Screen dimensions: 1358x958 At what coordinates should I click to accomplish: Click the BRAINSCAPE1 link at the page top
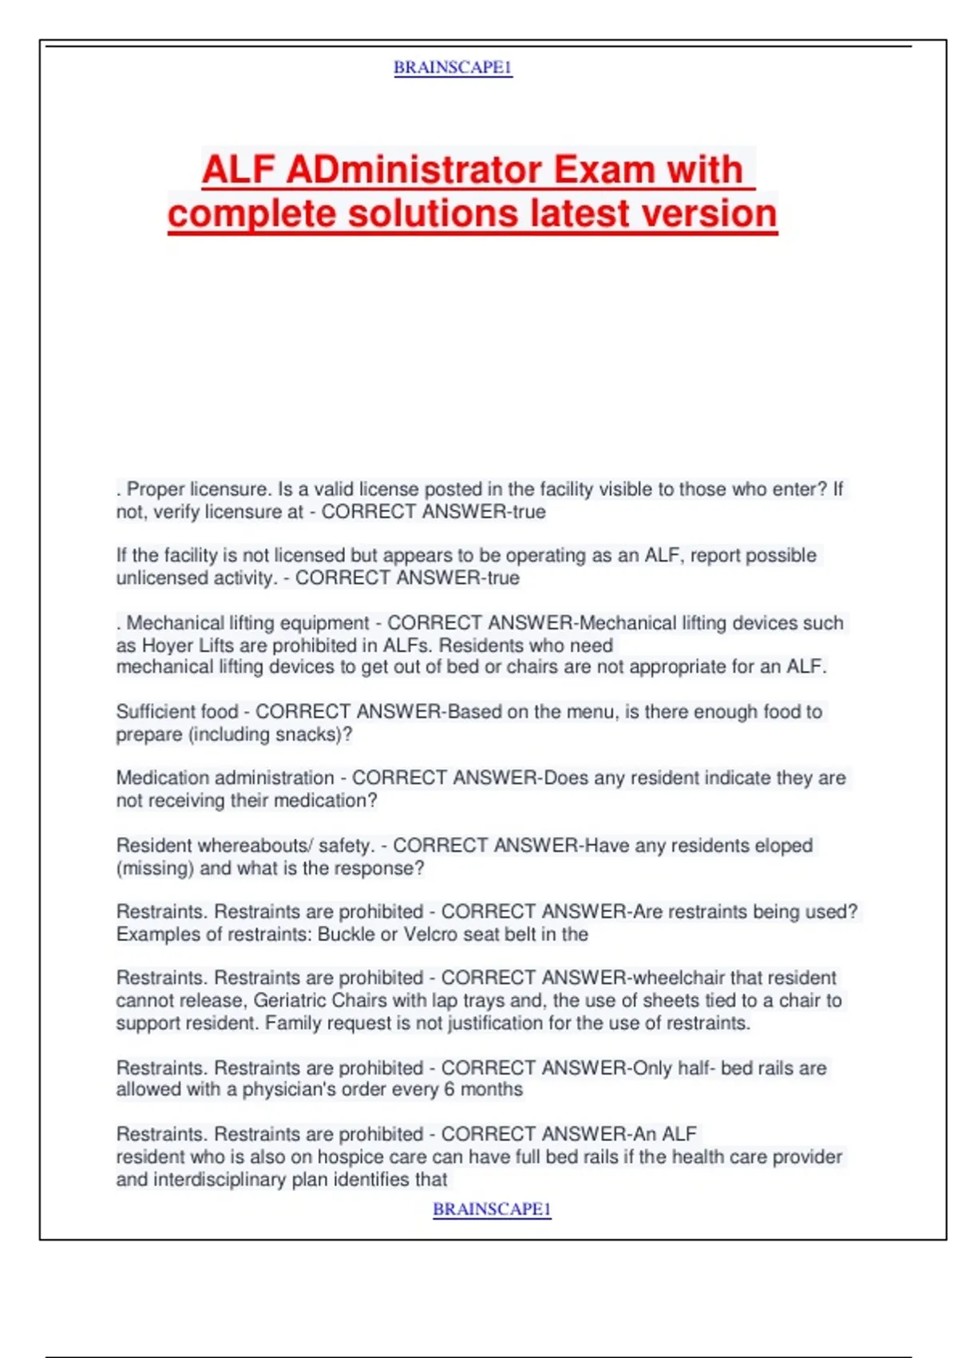(453, 68)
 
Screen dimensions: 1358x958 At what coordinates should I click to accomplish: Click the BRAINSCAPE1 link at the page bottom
(492, 1209)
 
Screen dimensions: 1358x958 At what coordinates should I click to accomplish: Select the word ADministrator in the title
(414, 170)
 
